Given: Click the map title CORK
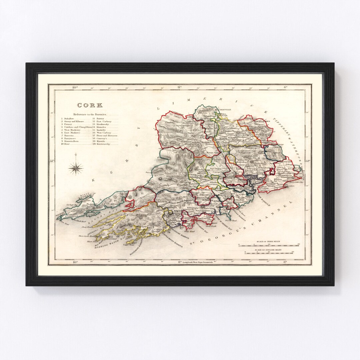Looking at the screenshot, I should tap(85, 105).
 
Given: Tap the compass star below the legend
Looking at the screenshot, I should tap(76, 168).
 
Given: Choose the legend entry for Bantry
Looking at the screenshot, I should tap(100, 118).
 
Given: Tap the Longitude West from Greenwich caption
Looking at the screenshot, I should tap(197, 262).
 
